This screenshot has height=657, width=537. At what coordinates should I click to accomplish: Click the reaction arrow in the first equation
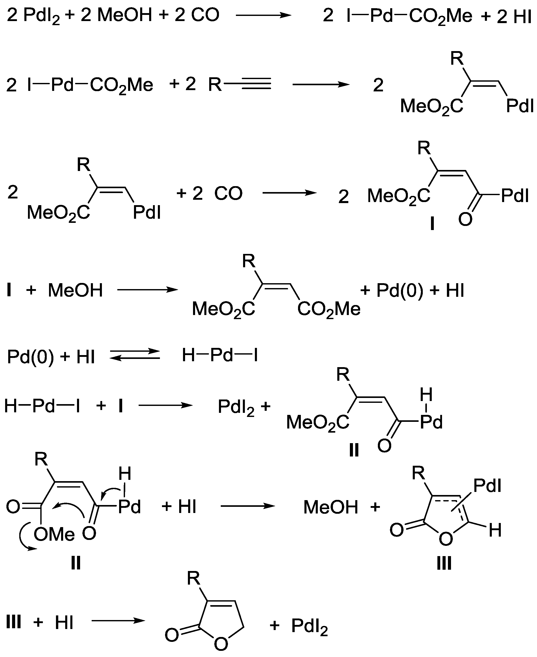(x=264, y=15)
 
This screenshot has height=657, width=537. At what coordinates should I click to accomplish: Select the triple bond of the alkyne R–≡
(x=256, y=83)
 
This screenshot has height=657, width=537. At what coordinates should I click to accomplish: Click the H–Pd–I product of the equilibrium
(x=220, y=355)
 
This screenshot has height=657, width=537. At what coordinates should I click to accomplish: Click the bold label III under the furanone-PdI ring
(x=444, y=563)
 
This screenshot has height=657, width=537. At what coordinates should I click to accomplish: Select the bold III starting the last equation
(x=14, y=622)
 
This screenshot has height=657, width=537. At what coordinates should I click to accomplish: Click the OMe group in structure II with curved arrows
(x=54, y=534)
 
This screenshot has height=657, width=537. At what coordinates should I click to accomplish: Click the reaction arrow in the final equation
(x=118, y=621)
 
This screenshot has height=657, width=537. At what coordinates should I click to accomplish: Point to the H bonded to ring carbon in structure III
(x=495, y=530)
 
